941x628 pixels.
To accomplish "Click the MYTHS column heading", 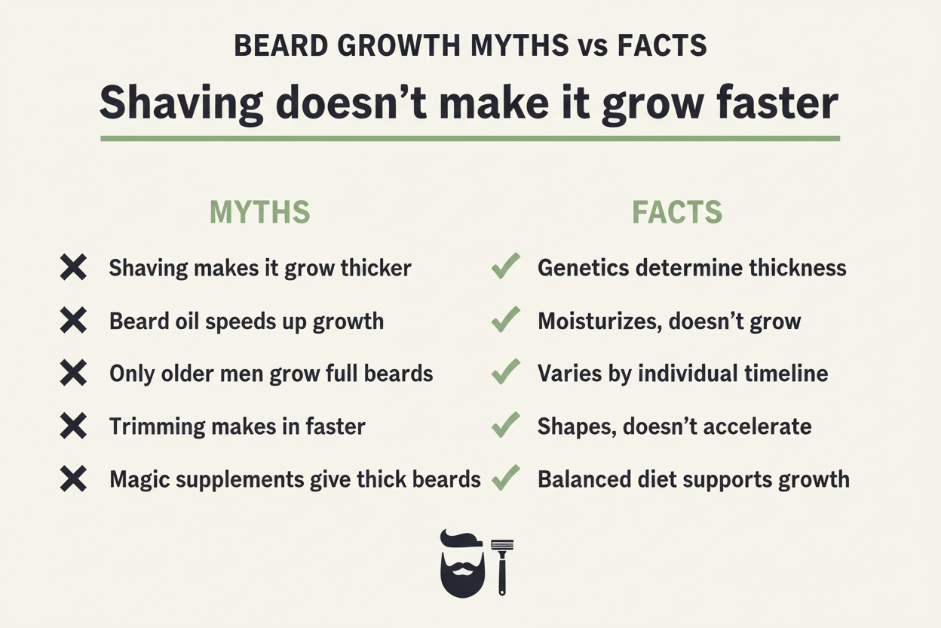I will click(259, 213).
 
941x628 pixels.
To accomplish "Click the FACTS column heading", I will click(676, 213).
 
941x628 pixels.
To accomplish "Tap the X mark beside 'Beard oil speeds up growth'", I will click(73, 321).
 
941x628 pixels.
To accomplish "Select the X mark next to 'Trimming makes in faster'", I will click(73, 426).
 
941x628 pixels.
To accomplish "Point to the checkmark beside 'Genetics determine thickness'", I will click(505, 267).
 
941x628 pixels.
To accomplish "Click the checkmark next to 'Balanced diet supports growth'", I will click(505, 479).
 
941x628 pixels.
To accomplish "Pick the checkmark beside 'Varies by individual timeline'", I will click(505, 373).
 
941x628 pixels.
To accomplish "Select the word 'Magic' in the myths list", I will click(138, 480).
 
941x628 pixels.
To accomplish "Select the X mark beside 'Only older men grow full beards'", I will click(73, 374).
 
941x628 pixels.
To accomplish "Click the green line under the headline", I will click(470, 139).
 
